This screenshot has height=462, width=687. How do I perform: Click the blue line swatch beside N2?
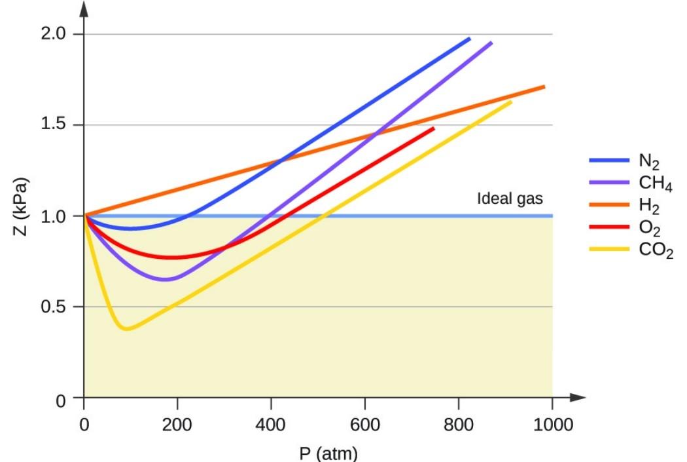click(608, 159)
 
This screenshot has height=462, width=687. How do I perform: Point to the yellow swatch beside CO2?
click(608, 248)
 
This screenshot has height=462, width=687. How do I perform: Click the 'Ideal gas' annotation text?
click(510, 199)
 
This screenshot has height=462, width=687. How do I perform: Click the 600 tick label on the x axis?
click(365, 425)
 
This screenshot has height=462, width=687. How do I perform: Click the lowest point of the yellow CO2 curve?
click(126, 329)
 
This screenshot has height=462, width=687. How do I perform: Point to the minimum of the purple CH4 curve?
click(167, 280)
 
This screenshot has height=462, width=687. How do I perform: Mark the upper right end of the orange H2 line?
click(544, 87)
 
